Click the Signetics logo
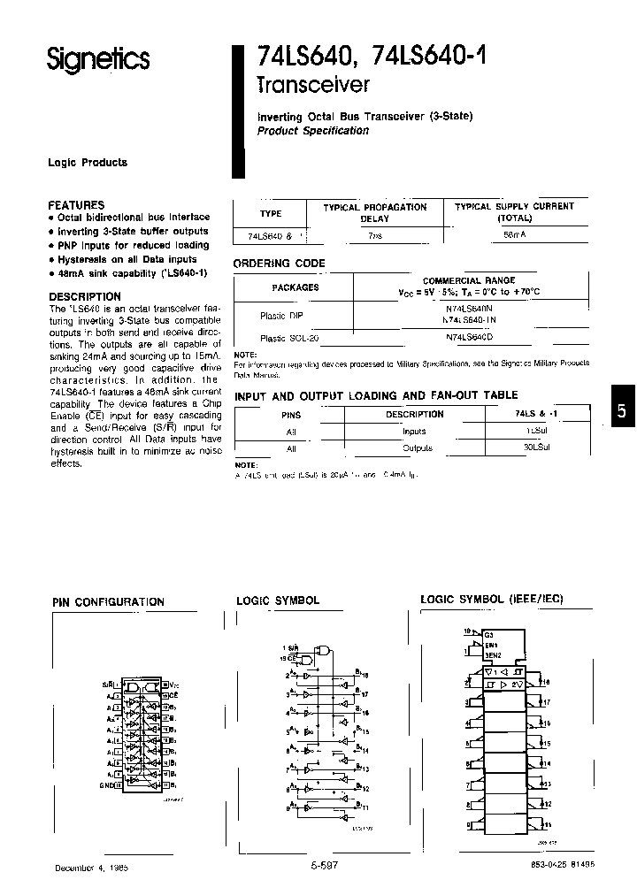(x=97, y=58)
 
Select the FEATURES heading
(x=76, y=204)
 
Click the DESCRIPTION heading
(x=84, y=296)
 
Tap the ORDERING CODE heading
(x=279, y=264)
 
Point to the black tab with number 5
(x=621, y=410)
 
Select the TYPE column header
(x=271, y=213)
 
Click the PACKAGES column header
(x=295, y=287)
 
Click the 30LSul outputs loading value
(x=537, y=448)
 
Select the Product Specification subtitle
(x=312, y=131)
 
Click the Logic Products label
(x=88, y=163)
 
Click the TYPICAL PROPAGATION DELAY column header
(x=374, y=212)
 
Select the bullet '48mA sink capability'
(x=132, y=273)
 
